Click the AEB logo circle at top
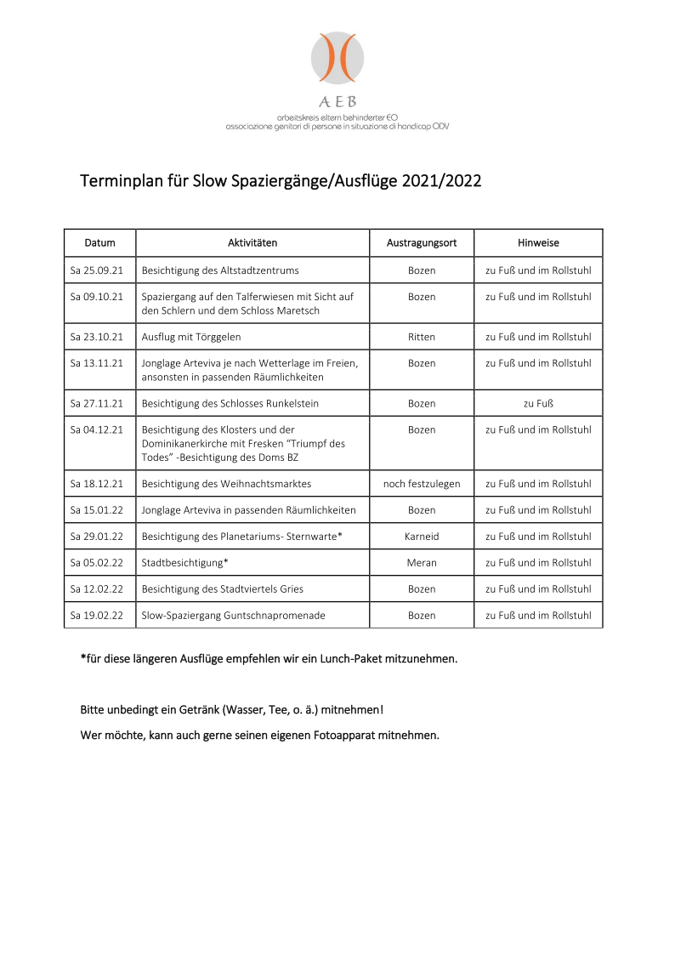click(337, 58)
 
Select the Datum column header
click(99, 243)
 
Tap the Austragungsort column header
click(422, 243)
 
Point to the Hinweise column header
click(538, 243)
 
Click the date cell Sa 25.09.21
click(97, 270)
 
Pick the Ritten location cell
click(422, 337)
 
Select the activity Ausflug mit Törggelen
click(191, 337)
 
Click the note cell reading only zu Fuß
click(538, 403)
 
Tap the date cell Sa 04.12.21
click(97, 429)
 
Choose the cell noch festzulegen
click(422, 484)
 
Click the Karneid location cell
click(422, 537)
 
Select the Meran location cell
click(422, 563)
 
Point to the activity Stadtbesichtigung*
click(185, 563)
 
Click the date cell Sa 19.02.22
click(97, 616)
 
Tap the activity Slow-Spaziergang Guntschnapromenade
click(234, 616)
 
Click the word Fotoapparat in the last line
click(346, 735)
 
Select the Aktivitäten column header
click(252, 243)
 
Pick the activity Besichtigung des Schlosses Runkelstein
click(230, 403)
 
